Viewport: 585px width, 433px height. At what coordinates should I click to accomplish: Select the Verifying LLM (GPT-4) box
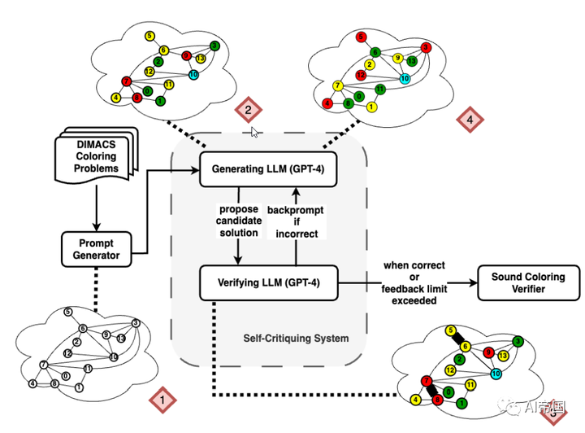(267, 282)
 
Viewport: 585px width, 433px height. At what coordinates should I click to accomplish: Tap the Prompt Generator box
(97, 248)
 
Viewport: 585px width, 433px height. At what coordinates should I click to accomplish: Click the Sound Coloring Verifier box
(529, 282)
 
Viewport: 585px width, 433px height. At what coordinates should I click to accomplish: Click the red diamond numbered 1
(162, 400)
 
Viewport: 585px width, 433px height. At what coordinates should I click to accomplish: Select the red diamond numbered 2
(248, 109)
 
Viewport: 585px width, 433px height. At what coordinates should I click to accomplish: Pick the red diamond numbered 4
(470, 120)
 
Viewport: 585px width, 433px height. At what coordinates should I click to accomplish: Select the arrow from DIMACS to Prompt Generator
(97, 207)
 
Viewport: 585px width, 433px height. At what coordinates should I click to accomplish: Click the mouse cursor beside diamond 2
(255, 130)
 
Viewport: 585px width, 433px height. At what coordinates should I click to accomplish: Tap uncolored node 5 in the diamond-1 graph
(68, 312)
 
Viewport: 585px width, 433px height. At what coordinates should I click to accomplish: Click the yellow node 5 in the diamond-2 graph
(149, 36)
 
